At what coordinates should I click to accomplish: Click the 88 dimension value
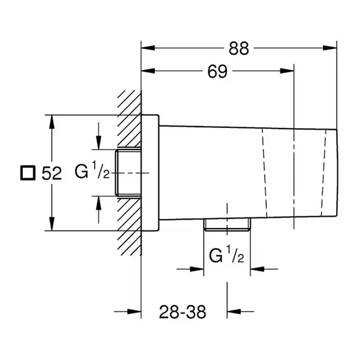(239, 48)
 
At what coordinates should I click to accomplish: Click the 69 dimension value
(217, 71)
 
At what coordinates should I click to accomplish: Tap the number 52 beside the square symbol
(52, 173)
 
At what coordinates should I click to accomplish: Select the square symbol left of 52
(28, 173)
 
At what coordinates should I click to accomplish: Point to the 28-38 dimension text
(182, 312)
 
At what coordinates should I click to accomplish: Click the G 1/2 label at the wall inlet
(92, 170)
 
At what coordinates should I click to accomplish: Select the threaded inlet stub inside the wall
(128, 173)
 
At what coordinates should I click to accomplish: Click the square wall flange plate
(150, 172)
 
